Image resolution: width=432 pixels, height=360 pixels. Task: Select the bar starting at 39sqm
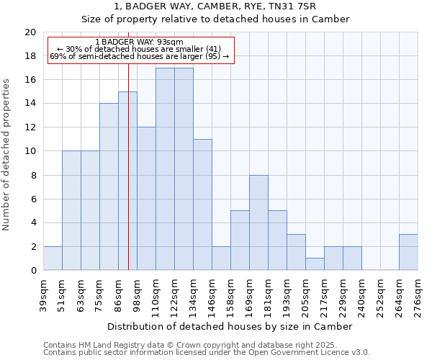point(53,258)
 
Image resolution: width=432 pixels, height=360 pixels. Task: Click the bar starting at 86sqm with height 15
point(127,181)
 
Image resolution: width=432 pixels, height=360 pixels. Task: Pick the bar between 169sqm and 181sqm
point(258,222)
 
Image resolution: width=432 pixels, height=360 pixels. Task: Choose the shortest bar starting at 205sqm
point(315,264)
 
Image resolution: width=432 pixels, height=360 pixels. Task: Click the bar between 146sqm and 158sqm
point(221,258)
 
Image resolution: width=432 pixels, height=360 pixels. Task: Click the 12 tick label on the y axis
point(30,127)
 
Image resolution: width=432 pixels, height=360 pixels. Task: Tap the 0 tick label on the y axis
point(33,271)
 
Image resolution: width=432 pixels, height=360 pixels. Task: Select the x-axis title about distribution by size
point(230,326)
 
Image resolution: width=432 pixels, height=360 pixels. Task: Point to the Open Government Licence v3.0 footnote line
point(207,353)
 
